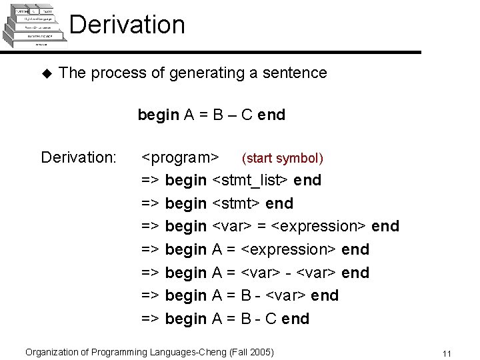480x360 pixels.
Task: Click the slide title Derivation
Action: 127,25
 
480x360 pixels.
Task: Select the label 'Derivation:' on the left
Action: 79,157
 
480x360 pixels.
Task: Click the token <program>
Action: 181,158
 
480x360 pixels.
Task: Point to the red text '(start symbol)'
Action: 283,158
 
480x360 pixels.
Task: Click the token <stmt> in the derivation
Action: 236,203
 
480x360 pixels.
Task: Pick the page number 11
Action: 447,353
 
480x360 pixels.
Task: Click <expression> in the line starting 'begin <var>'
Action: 320,227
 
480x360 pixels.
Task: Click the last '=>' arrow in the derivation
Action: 151,319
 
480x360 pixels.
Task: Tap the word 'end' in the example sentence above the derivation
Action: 271,115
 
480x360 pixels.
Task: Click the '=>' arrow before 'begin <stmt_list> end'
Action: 151,180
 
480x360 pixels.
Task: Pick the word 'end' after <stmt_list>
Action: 307,180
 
